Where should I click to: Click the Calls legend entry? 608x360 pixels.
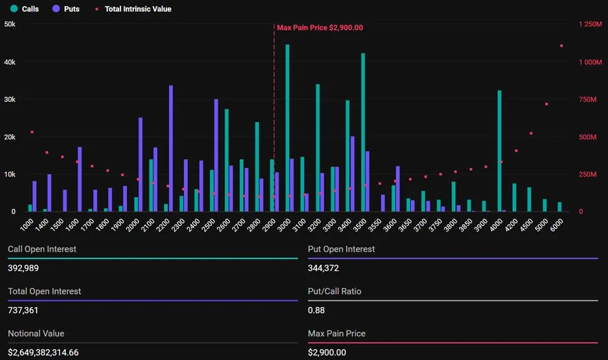coord(24,9)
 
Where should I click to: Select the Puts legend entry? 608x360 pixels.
coord(65,9)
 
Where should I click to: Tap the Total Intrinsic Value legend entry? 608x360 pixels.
coord(132,9)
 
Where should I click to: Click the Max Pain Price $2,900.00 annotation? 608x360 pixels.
coord(319,27)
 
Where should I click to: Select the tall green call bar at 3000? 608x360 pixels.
coord(287,128)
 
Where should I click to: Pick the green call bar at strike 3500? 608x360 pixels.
coord(363,132)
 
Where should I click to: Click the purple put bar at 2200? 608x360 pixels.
coord(171,148)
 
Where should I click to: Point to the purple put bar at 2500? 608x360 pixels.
coord(216,155)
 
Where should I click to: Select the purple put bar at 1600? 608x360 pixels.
coord(80,179)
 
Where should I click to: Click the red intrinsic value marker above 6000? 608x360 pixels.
coord(561,46)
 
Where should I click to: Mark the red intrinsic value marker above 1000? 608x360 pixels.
coord(32,132)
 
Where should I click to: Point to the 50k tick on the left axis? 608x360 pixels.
coord(10,24)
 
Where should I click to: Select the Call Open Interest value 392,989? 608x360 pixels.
coord(25,268)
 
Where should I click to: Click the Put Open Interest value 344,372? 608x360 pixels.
coord(325,268)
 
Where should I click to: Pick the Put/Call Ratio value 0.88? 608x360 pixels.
coord(316,310)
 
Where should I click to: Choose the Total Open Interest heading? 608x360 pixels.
coord(44,291)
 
